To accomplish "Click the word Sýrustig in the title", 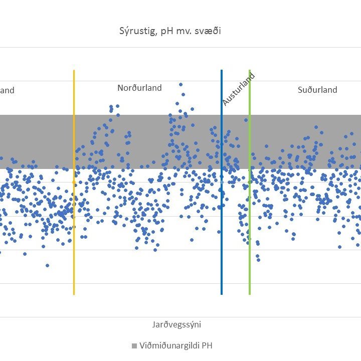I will click(x=133, y=31).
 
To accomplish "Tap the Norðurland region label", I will click(x=139, y=88).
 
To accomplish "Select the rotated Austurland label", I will click(x=239, y=89).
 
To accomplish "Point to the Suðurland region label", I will click(x=317, y=90).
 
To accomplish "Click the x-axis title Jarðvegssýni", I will click(x=176, y=324).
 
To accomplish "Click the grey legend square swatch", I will click(x=134, y=346).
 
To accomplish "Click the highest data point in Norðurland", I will click(x=180, y=85).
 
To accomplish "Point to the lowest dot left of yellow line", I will click(x=48, y=265).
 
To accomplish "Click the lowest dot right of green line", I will click(x=258, y=260).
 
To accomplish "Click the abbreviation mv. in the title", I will click(x=188, y=31).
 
